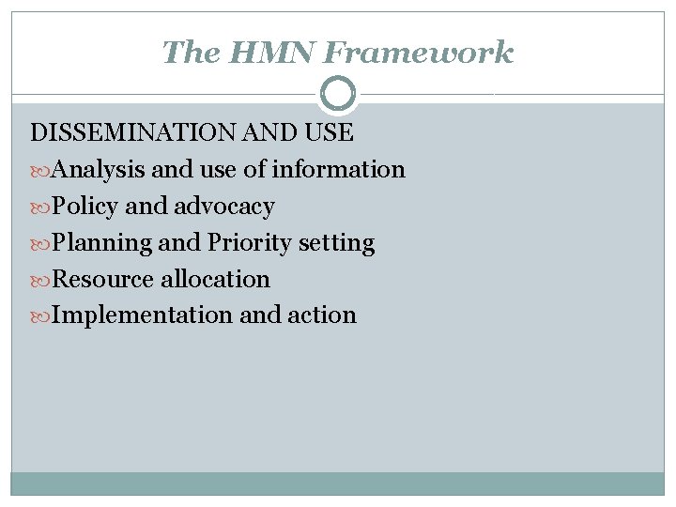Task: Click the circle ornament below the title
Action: pyautogui.click(x=338, y=94)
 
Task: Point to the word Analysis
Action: pyautogui.click(x=98, y=170)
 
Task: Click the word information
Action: pyautogui.click(x=338, y=170)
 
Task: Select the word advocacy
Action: pyautogui.click(x=224, y=207)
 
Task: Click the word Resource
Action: pyautogui.click(x=102, y=280)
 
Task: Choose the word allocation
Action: pyautogui.click(x=215, y=280)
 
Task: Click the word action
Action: pyautogui.click(x=322, y=315)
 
